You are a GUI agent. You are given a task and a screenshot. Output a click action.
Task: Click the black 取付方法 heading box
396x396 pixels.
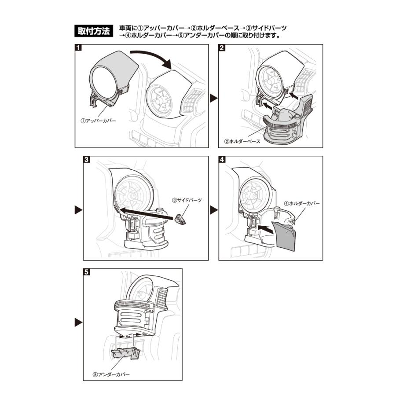tap(94, 32)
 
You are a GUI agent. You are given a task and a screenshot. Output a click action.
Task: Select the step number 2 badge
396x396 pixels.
tap(223, 48)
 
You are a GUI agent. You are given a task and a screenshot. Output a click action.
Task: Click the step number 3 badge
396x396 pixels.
tap(87, 160)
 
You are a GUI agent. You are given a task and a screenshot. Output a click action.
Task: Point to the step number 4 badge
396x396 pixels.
tap(223, 160)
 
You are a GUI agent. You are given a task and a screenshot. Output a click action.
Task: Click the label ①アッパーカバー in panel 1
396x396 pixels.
tap(98, 120)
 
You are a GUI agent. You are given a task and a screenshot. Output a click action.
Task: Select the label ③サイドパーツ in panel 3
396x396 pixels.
tap(187, 200)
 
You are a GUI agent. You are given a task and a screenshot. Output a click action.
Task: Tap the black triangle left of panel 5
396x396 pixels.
tap(77, 322)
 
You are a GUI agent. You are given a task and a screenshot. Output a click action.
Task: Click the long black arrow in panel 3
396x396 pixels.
tap(145, 213)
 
